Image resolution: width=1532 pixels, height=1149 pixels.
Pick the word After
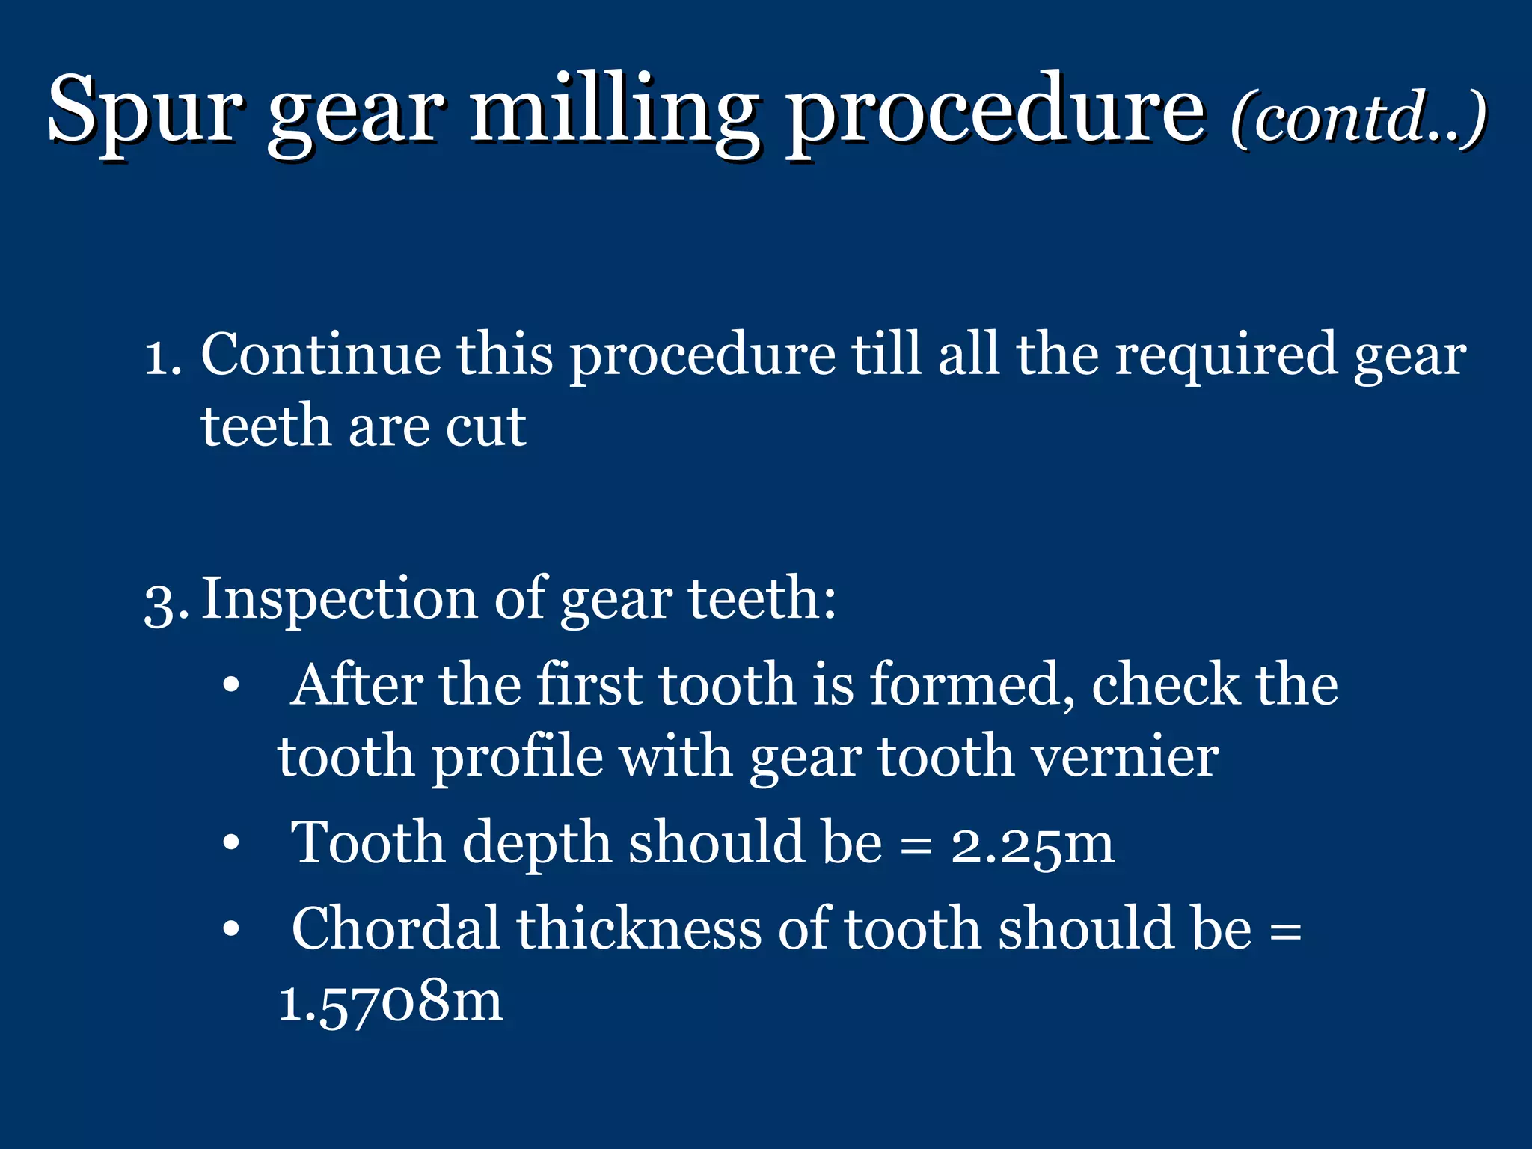(355, 684)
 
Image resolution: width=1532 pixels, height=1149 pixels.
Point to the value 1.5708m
(390, 1002)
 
